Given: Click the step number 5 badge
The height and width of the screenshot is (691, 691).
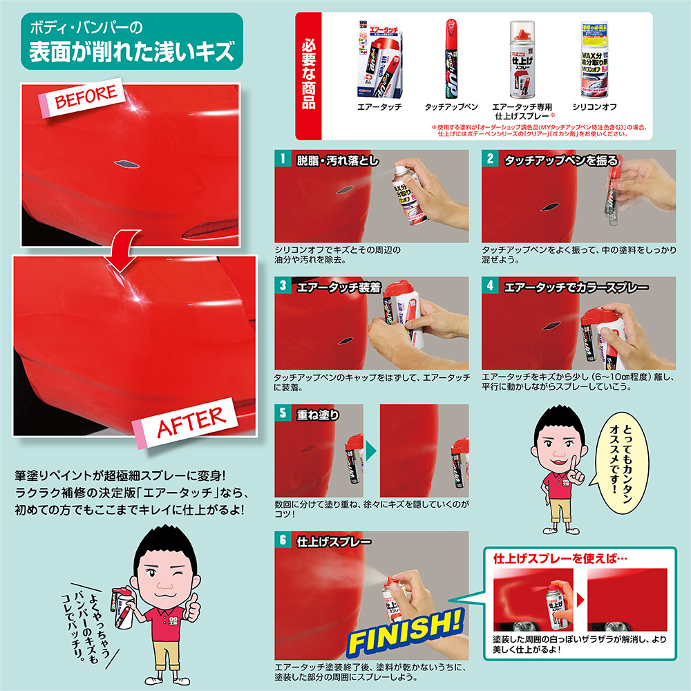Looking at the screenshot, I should click(x=281, y=413).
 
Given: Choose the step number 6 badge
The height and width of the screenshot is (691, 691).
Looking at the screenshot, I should click(x=281, y=540).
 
